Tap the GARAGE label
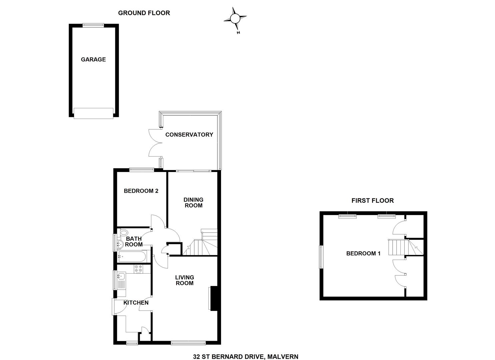(93, 59)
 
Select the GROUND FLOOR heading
(144, 13)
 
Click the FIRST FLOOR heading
(372, 200)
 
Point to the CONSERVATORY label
(189, 135)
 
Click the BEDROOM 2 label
(141, 191)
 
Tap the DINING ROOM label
(193, 203)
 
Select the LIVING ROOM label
(184, 280)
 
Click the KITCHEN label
(136, 303)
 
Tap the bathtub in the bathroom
(131, 257)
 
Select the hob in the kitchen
(138, 269)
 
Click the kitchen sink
(121, 276)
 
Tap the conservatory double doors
(155, 143)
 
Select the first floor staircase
(397, 247)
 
